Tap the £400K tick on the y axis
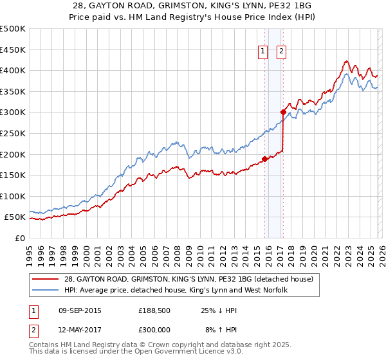click(14, 70)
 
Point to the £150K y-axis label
click(14, 175)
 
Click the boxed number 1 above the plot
click(264, 53)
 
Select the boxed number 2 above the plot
click(282, 53)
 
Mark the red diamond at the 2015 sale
click(264, 159)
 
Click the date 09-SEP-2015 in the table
click(80, 310)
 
